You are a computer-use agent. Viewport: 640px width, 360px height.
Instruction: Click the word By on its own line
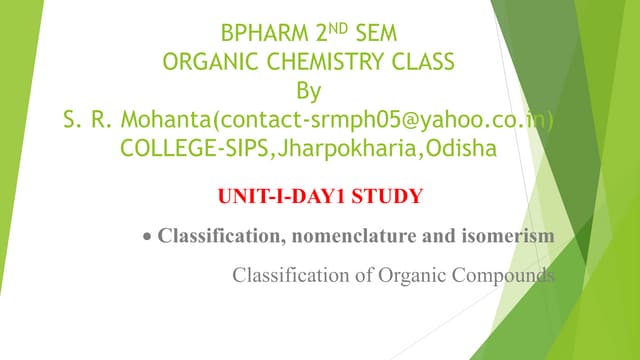pyautogui.click(x=311, y=91)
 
